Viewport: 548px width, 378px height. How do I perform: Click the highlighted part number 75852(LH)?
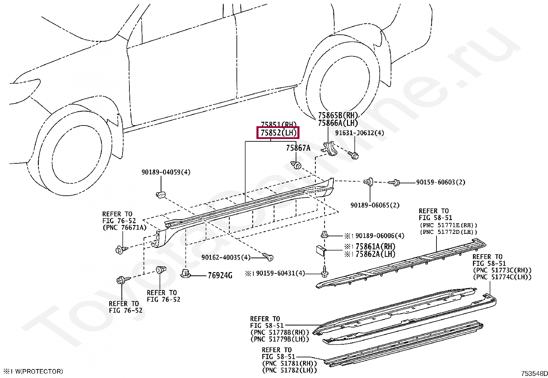tap(278, 132)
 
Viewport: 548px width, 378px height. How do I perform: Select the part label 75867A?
tap(298, 148)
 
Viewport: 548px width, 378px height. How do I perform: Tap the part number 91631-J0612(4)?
tap(359, 133)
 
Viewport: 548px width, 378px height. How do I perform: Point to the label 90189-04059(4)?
tap(166, 172)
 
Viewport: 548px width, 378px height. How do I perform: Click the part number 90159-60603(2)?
tap(440, 182)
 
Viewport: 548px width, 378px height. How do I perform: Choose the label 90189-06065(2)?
tap(375, 205)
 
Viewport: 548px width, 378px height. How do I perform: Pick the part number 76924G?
tap(220, 276)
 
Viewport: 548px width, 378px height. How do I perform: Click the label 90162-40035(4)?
tap(226, 257)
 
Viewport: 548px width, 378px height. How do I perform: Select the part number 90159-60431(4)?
tap(280, 273)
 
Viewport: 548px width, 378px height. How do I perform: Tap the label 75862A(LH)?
tap(375, 254)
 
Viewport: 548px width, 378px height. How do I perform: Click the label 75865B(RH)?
tap(338, 116)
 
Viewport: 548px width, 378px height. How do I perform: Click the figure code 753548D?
tap(534, 374)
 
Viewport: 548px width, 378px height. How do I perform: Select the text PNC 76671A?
tap(124, 227)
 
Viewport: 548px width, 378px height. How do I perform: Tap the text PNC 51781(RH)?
tap(289, 364)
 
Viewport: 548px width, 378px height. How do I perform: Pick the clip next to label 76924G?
tap(186, 274)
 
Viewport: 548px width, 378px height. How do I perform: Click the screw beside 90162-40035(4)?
tap(268, 256)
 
